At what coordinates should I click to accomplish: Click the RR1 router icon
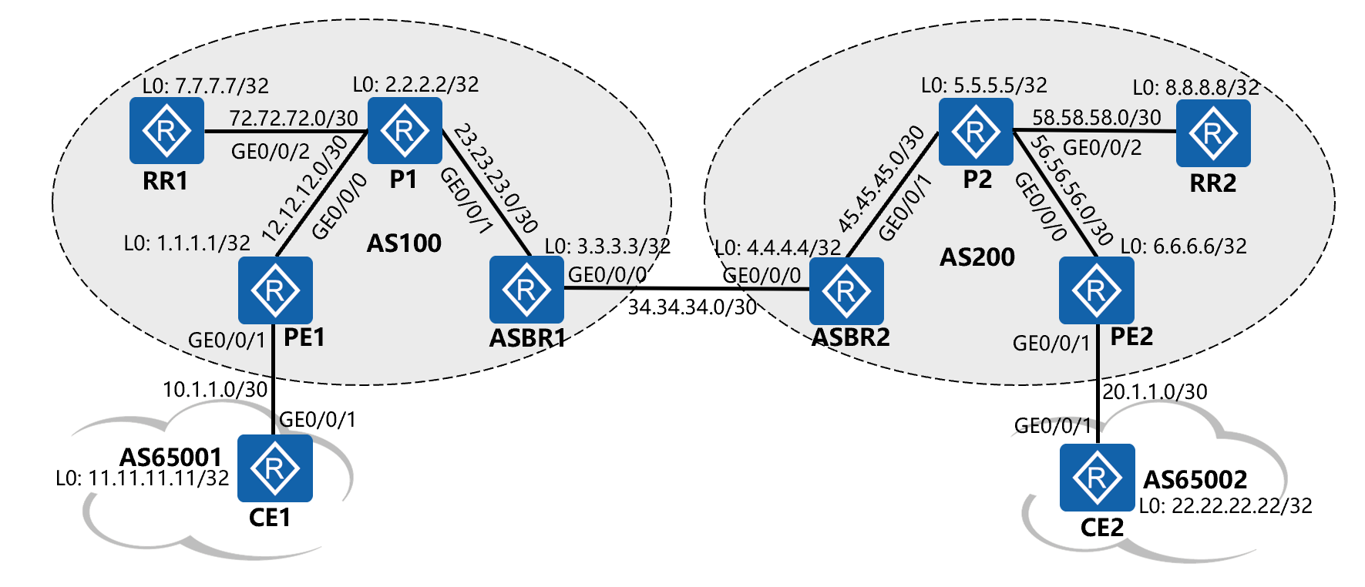tap(166, 130)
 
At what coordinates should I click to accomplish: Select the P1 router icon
tap(405, 130)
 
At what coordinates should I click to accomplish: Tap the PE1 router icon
tap(275, 290)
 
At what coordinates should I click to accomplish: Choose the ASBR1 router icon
tap(526, 290)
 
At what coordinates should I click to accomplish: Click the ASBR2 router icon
tap(846, 290)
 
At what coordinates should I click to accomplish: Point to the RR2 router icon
tap(1213, 132)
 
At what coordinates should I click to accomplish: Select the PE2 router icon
tap(1096, 290)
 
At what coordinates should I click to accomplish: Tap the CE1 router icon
tap(275, 468)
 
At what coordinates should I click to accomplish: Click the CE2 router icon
tap(1097, 478)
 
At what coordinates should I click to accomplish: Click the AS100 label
tap(404, 243)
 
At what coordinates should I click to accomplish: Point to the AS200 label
tap(977, 257)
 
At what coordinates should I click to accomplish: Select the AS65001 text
tap(170, 458)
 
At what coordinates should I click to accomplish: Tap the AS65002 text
tap(1195, 480)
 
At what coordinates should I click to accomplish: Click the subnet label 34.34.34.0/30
tap(692, 307)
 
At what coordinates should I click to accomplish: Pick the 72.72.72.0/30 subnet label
tap(294, 119)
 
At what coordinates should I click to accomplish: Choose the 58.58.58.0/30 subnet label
tap(1096, 118)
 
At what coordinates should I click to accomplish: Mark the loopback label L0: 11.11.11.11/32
tap(143, 478)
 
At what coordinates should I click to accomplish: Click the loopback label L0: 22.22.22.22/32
tap(1225, 506)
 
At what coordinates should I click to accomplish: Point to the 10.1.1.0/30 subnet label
tap(215, 390)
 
